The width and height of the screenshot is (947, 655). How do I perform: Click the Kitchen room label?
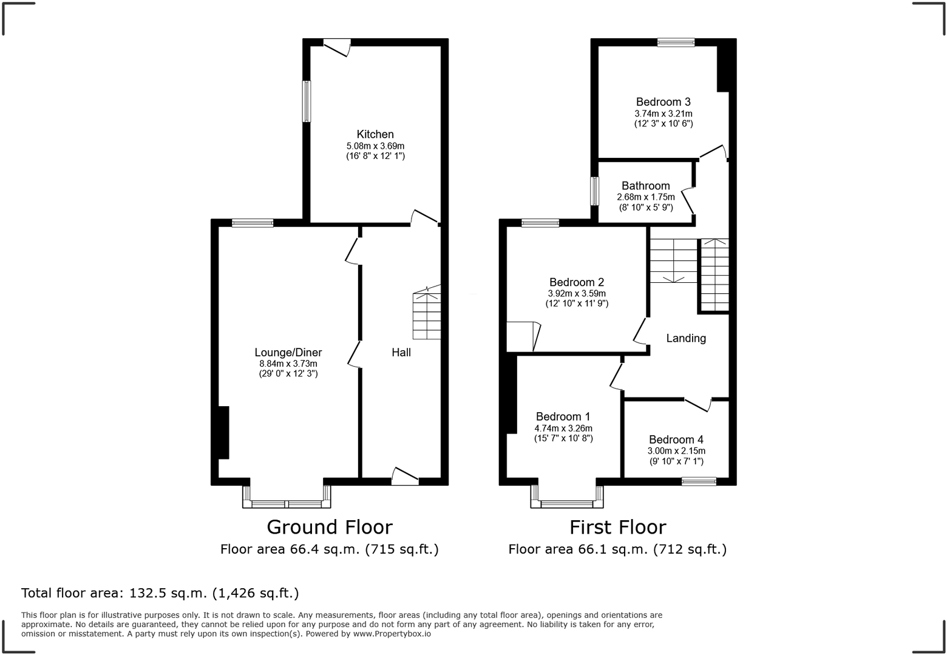(375, 134)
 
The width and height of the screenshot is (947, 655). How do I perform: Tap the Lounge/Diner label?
(288, 353)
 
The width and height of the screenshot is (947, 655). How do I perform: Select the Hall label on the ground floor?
(401, 353)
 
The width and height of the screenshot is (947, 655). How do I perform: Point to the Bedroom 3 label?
(663, 102)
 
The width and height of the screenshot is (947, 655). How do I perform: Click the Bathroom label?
(645, 186)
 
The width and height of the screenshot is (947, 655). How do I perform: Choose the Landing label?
(686, 338)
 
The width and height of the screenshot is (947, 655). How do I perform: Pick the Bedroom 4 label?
(676, 439)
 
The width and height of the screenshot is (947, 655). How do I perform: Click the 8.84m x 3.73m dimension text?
(288, 364)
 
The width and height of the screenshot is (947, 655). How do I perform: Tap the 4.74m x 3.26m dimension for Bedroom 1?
(563, 427)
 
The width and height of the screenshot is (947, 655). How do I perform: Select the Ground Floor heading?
(330, 527)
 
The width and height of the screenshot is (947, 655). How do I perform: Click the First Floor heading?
(617, 527)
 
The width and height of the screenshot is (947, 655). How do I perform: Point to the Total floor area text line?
(160, 592)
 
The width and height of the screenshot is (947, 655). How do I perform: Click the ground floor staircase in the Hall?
(427, 315)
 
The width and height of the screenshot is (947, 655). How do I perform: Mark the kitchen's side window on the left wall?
(307, 101)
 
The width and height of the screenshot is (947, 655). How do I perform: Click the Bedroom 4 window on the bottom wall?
(698, 481)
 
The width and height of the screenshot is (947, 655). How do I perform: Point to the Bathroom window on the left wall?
(595, 191)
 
